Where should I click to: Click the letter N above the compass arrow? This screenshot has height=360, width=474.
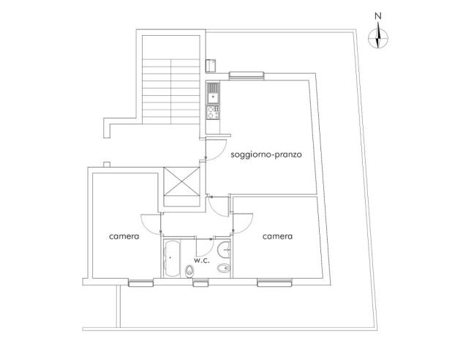coord(377,16)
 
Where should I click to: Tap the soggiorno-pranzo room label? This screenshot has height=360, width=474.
coord(266,155)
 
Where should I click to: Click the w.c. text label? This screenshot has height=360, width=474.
coord(202,260)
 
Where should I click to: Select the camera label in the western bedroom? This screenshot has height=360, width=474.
coord(124,236)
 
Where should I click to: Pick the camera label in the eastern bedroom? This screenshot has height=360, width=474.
coord(278,236)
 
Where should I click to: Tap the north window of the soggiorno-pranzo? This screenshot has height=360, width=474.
coord(246,75)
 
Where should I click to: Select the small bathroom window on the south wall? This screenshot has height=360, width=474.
coord(201,282)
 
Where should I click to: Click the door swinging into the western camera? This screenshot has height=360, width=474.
coord(151,223)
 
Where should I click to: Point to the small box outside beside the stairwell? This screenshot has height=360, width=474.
coord(211,64)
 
